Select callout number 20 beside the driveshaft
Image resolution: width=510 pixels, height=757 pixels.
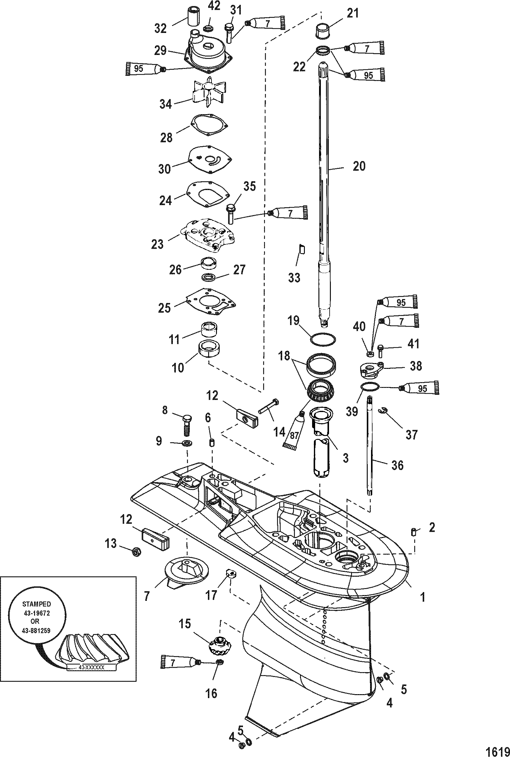click(359, 166)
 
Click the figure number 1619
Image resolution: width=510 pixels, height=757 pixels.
click(497, 749)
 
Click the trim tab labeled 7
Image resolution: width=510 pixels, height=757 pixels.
click(187, 572)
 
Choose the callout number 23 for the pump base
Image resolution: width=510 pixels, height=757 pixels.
click(157, 244)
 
